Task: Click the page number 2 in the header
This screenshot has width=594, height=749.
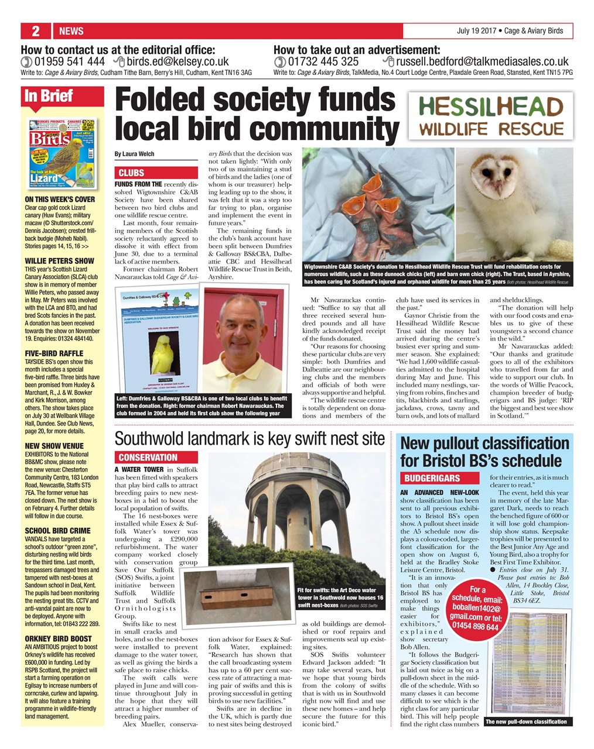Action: coord(36,31)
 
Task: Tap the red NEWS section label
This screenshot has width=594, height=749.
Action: coord(71,31)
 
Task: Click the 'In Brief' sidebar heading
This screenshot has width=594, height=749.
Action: coord(49,96)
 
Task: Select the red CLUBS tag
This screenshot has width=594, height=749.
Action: coord(132,173)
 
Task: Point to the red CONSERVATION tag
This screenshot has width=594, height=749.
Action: coord(148,458)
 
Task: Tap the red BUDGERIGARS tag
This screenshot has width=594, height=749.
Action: coord(432,478)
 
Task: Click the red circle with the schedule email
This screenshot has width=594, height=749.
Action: coord(477,609)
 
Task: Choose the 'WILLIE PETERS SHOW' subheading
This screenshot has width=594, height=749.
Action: coord(59,260)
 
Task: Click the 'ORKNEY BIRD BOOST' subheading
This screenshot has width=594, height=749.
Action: coord(58,638)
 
